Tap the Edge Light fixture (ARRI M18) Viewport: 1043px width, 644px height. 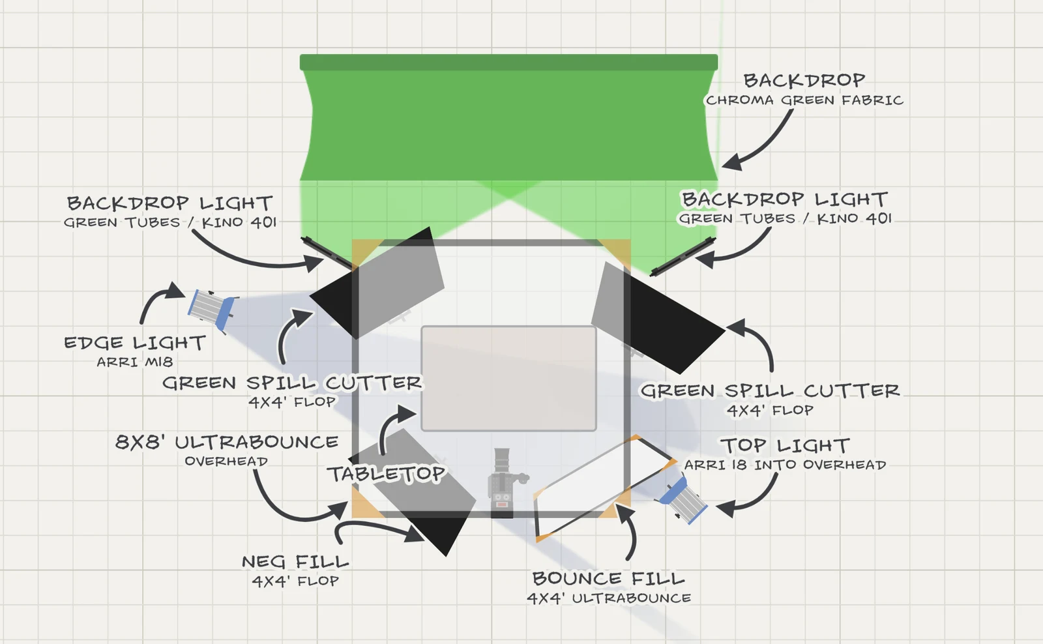pos(213,309)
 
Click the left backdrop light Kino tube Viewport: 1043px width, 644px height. pos(327,253)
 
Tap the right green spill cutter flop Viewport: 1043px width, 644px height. pos(658,317)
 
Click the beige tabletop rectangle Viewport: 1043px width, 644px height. pos(508,379)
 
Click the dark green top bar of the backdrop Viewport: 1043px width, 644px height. pos(508,63)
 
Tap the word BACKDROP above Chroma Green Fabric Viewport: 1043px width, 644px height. pos(804,80)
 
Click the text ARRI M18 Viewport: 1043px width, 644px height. pos(134,362)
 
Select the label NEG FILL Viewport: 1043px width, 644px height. pos(295,562)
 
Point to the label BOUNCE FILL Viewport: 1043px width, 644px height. pos(609,578)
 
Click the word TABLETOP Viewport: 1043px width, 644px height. pos(386,474)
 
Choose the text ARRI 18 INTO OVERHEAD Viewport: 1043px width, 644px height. pos(785,465)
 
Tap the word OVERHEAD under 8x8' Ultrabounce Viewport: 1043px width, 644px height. pos(226,461)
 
